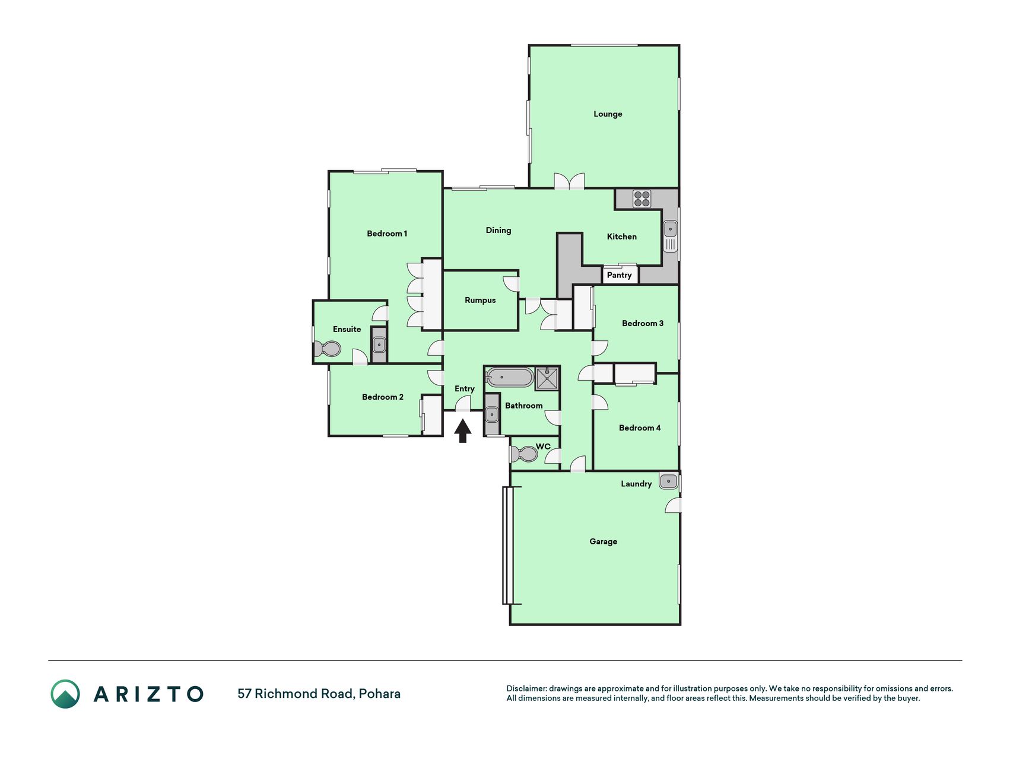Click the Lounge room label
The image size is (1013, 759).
coord(608,114)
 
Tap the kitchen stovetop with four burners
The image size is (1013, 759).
coord(642,199)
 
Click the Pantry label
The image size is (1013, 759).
coord(619,275)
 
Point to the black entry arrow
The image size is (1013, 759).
coord(463,431)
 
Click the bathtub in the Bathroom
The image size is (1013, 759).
coord(510,378)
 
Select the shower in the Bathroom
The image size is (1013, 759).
coord(547,378)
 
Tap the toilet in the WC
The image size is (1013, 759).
coord(523,454)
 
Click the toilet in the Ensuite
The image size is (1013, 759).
coord(326,349)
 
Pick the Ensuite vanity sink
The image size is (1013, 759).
coord(379,344)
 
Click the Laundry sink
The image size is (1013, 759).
coord(668,481)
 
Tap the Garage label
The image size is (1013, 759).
coord(603,541)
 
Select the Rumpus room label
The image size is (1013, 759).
coord(480,300)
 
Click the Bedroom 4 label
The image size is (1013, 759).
coord(640,428)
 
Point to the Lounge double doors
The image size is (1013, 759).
coord(569,181)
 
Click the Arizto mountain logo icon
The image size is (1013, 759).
coord(65,694)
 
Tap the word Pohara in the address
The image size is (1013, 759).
coord(380,694)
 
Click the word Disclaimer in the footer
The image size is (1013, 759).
coord(526,688)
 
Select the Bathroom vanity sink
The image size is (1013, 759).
coord(492,414)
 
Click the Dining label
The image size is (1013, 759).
coord(498,230)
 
